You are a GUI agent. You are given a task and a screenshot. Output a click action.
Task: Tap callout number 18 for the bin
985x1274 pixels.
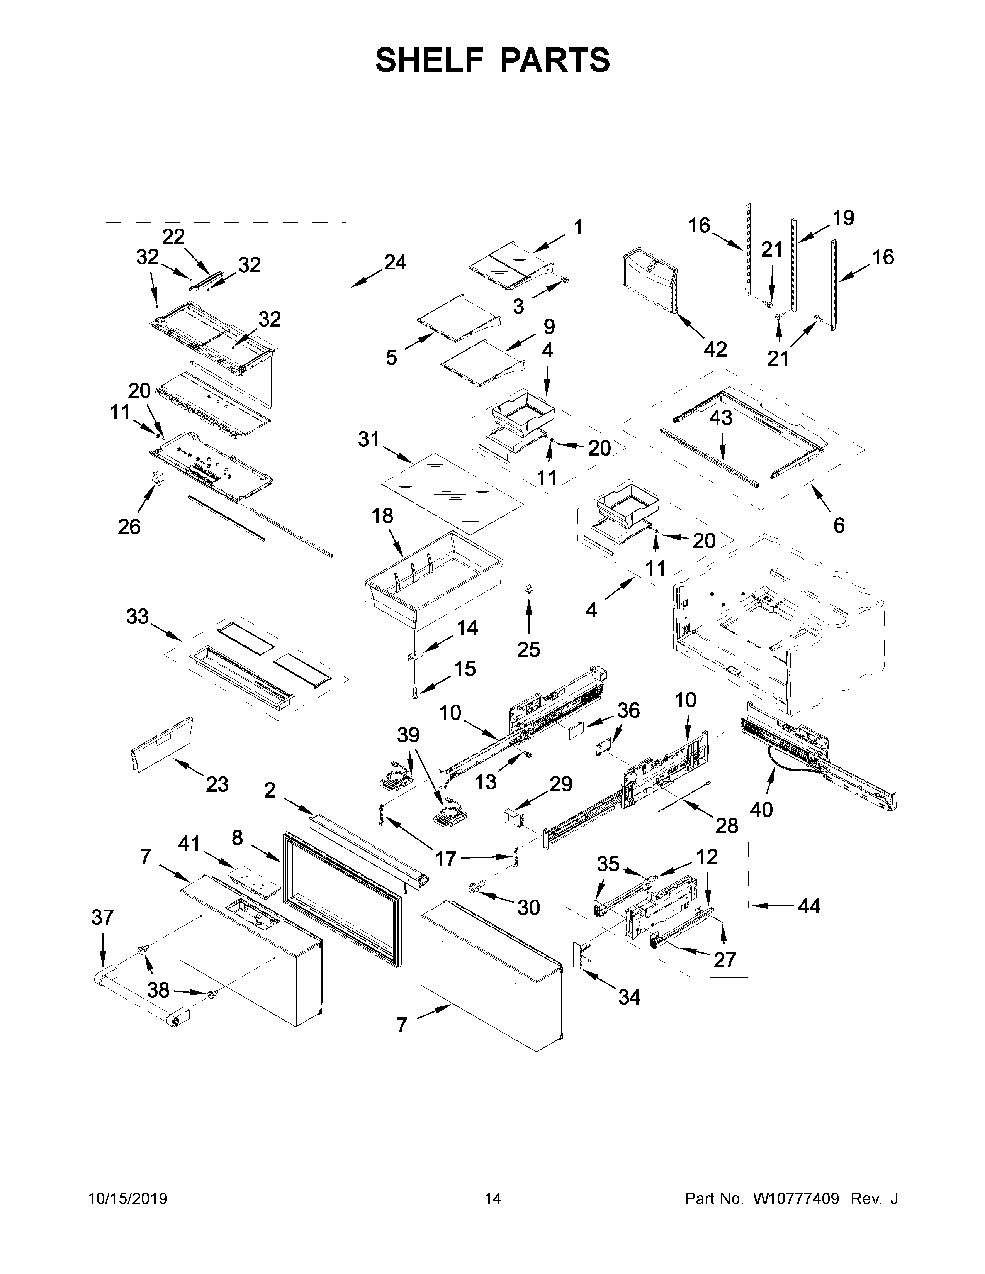pos(382,516)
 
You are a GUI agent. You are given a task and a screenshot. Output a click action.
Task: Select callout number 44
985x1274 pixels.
pos(809,906)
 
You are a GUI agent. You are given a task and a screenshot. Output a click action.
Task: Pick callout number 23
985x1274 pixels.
pos(216,784)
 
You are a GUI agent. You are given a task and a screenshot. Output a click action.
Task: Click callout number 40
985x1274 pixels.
pos(761,809)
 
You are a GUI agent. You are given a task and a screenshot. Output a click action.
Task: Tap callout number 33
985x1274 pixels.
pos(138,616)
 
